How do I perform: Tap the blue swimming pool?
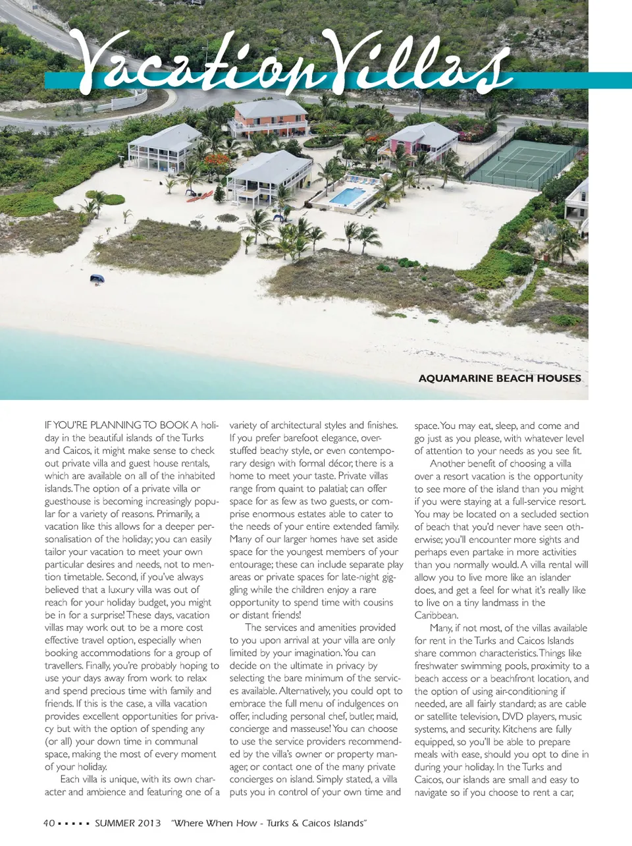point(346,196)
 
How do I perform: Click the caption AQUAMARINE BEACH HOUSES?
point(500,378)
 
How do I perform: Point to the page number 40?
point(49,823)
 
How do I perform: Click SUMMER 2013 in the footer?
point(128,823)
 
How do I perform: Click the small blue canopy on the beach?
point(97,279)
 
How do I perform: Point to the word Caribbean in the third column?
point(436,615)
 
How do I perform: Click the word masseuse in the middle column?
point(309,729)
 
